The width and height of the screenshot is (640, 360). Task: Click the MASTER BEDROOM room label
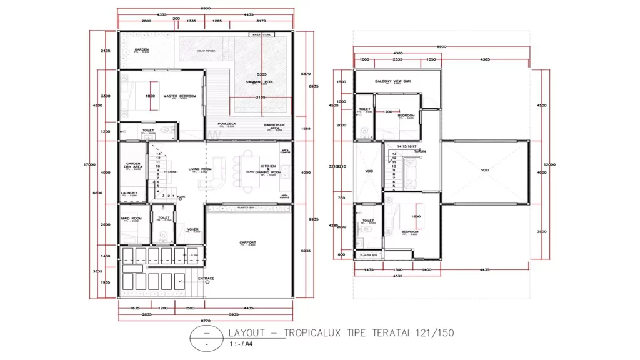(180, 96)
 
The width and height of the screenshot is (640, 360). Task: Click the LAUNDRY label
(129, 193)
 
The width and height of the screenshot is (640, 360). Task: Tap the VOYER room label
(193, 229)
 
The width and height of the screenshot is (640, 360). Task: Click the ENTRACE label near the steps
(206, 278)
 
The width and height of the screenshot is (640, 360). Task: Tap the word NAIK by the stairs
(182, 196)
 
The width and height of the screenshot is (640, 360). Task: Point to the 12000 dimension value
(550, 164)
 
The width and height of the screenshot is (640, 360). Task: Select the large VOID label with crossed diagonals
(485, 169)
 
